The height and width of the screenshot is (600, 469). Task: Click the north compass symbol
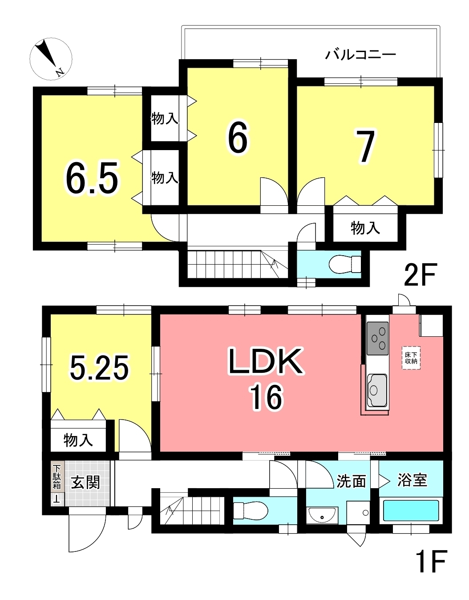[x=51, y=59]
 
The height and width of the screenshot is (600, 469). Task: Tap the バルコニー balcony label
[x=360, y=55]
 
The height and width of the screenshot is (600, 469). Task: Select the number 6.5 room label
[x=91, y=178]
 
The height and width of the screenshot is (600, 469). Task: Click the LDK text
[x=266, y=361]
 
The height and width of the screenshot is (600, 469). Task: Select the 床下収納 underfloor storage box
[x=411, y=358]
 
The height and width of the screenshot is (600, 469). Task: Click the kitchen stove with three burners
[x=377, y=339]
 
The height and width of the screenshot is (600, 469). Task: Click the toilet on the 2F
[x=345, y=264]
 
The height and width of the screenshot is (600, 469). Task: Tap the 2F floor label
[x=419, y=274]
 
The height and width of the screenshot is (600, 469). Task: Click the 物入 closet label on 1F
[x=78, y=440]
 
